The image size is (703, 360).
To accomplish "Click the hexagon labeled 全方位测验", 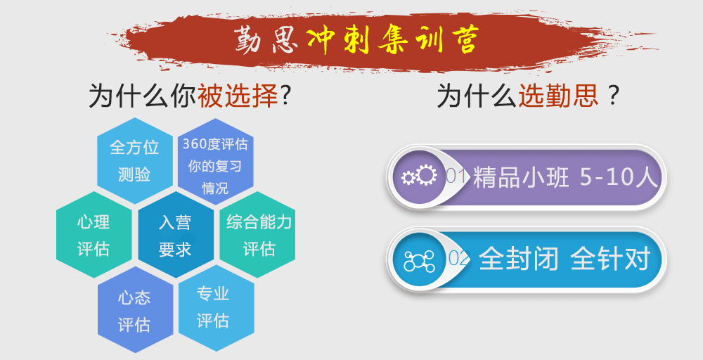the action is (x=134, y=160).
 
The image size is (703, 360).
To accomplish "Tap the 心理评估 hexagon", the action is (x=93, y=234).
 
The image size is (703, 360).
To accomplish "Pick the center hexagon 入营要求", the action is (x=175, y=235).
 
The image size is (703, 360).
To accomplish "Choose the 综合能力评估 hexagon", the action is (x=257, y=234).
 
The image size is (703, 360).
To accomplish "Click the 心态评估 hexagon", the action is (x=135, y=310).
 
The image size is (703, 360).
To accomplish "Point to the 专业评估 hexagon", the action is (x=216, y=308).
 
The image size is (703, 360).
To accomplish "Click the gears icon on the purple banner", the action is (x=419, y=176).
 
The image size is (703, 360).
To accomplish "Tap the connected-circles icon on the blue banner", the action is (x=419, y=260).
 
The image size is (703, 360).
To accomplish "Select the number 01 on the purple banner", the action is (x=457, y=176).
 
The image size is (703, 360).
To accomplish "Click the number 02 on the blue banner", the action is (x=458, y=259).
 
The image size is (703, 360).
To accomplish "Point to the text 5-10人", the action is (x=619, y=177).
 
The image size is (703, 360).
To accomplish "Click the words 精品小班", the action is (x=521, y=177).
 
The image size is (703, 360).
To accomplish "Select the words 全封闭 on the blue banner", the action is (x=519, y=259).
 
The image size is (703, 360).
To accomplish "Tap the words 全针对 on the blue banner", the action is (x=611, y=259).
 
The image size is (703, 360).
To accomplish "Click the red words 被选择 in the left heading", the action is (x=238, y=95).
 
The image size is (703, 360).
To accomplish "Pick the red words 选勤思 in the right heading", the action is (x=558, y=95).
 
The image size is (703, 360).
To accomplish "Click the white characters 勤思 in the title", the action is (x=266, y=41).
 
